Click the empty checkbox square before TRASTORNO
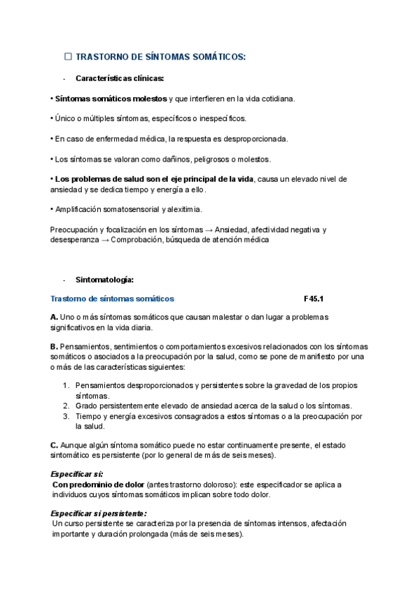68,56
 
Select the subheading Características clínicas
120,78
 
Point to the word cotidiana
275,99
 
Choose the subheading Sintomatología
104,280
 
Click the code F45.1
314,299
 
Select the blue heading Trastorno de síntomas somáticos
112,299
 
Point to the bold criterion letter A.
54,317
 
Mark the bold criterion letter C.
54,445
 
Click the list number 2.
66,406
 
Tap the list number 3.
66,416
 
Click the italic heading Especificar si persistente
99,513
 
